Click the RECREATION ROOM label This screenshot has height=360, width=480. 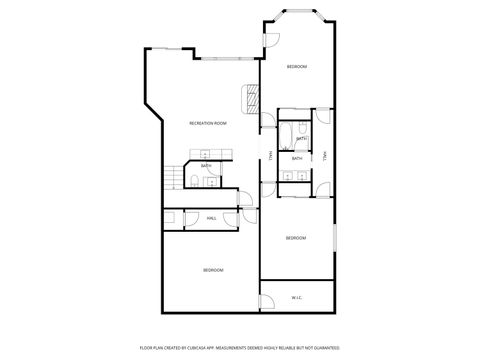pos(208,123)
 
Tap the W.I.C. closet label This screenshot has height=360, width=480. pos(297,297)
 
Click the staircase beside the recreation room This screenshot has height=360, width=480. pos(173,177)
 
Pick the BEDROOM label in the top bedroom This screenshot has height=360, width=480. pos(296,67)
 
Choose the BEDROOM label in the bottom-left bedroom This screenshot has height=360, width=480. pos(213,270)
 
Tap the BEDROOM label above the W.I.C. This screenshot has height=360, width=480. pos(296,238)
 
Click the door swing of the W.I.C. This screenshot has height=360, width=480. pos(267,301)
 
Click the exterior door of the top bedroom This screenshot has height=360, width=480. pos(270,41)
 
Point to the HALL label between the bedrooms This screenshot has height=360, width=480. pos(212,218)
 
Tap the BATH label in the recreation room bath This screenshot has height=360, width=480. pos(205,166)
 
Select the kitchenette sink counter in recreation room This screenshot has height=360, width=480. pos(205,154)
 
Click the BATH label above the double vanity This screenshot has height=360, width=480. pos(297,158)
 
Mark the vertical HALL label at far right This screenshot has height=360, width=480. pos(326,155)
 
